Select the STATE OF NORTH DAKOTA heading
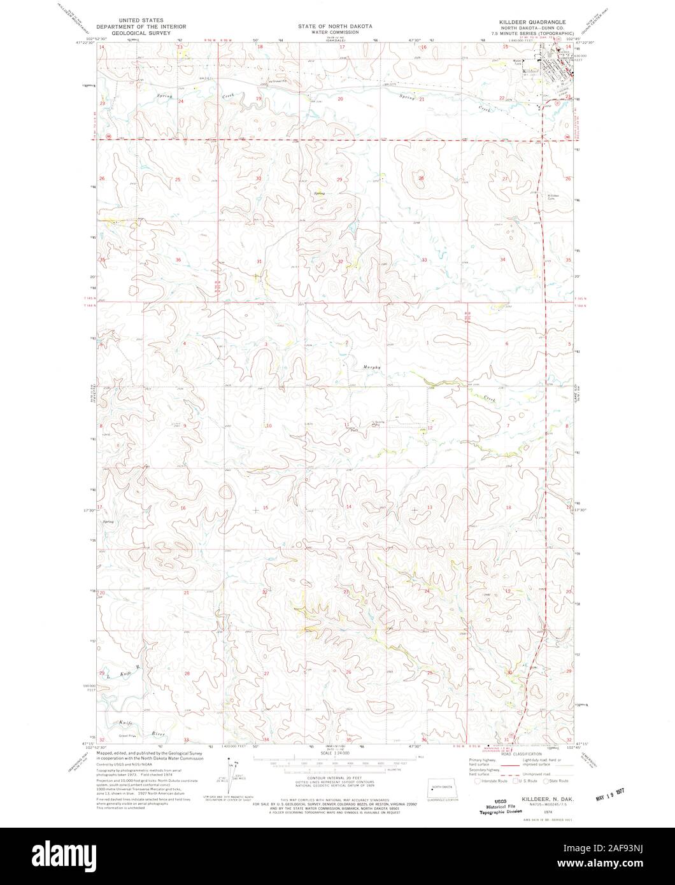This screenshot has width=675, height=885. pyautogui.click(x=337, y=22)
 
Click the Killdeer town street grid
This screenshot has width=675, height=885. pyautogui.click(x=558, y=63)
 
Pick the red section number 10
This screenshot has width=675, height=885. pyautogui.click(x=269, y=425)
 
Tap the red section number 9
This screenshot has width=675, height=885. pyautogui.click(x=185, y=425)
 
